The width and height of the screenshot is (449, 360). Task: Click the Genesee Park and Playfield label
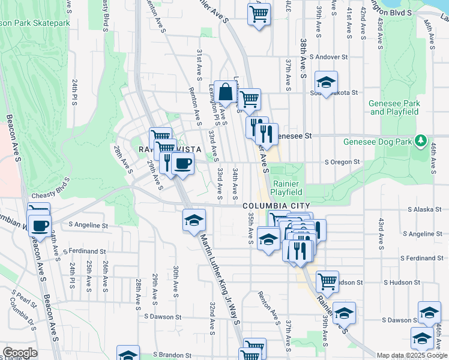[x=394, y=107]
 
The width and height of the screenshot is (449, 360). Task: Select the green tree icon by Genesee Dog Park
[x=421, y=142]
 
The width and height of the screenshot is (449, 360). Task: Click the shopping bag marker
[x=226, y=93]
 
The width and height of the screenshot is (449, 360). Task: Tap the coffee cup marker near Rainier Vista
[x=183, y=163]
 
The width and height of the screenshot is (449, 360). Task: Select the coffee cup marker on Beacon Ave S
[x=40, y=227]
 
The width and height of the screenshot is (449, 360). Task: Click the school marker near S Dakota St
[x=326, y=82]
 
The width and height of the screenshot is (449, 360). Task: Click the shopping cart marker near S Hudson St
[x=327, y=280]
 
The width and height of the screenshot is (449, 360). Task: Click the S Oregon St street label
[x=342, y=162]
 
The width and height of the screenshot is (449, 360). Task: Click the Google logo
[x=20, y=353]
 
